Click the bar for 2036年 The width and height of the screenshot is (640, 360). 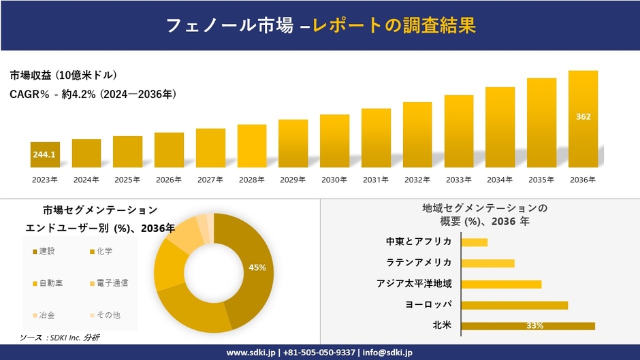583,119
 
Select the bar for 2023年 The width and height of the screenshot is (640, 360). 45,155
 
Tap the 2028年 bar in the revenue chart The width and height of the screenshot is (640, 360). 252,146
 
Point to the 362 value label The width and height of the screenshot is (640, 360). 583,116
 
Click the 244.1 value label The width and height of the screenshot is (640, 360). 44,155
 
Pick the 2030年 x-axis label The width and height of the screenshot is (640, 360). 334,180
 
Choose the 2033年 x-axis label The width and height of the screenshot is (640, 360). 458,180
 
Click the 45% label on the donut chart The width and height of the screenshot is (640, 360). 257,267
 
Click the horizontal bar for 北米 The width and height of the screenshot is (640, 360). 528,326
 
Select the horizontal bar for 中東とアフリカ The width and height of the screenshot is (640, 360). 474,242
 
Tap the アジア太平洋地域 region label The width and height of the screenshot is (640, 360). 414,284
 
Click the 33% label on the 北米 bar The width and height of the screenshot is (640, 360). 534,326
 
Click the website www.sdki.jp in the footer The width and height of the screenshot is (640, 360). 251,353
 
